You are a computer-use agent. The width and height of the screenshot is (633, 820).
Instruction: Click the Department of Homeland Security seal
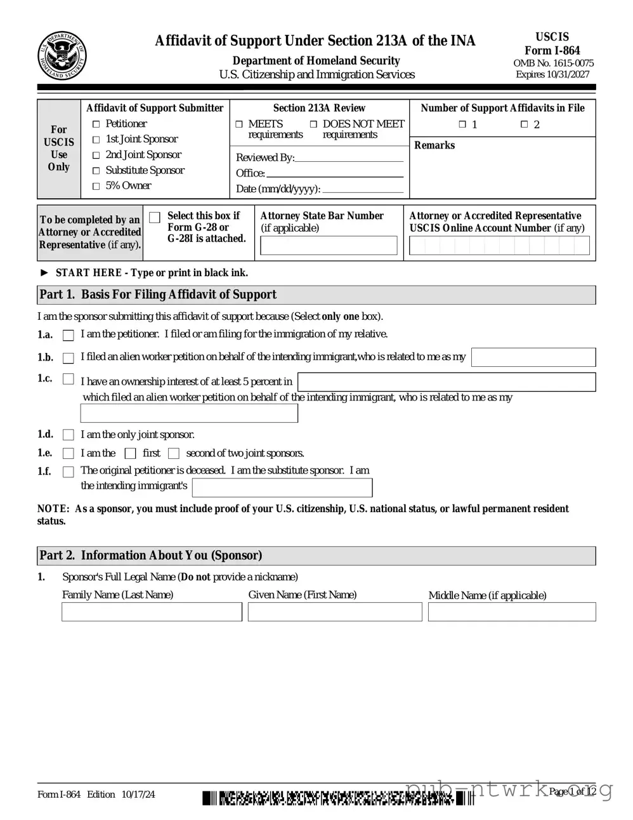pyautogui.click(x=62, y=56)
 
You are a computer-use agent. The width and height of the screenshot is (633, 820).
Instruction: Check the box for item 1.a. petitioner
pyautogui.click(x=69, y=335)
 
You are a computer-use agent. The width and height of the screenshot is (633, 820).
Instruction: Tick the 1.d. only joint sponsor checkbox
pyautogui.click(x=69, y=435)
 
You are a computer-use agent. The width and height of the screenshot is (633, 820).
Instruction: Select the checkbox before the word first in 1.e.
pyautogui.click(x=131, y=453)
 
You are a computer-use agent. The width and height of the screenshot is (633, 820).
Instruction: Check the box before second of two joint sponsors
pyautogui.click(x=174, y=453)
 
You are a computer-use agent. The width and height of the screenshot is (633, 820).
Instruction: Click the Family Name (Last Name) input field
pyautogui.click(x=152, y=612)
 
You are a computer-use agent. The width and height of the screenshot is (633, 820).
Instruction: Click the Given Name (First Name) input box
pyautogui.click(x=334, y=612)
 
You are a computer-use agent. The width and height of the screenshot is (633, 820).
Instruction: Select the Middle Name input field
pyautogui.click(x=512, y=612)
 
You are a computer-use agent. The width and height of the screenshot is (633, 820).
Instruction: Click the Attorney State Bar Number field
pyautogui.click(x=329, y=246)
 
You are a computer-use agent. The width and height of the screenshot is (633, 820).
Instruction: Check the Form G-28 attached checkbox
pyautogui.click(x=155, y=218)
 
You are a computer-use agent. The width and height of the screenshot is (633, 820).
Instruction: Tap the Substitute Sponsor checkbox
pyautogui.click(x=96, y=171)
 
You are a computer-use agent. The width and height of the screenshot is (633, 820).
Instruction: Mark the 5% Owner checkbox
pyautogui.click(x=96, y=186)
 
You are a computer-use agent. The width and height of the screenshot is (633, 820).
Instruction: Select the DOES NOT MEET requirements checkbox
pyautogui.click(x=313, y=124)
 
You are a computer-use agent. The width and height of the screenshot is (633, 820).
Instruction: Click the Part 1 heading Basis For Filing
pyautogui.click(x=158, y=294)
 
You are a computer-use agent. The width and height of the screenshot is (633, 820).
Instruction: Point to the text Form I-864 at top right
pyautogui.click(x=552, y=50)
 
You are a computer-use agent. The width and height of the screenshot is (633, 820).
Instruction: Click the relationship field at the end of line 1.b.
pyautogui.click(x=533, y=357)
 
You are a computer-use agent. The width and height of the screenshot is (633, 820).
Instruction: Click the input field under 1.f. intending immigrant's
pyautogui.click(x=282, y=487)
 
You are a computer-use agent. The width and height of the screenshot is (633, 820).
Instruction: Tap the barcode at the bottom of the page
pyautogui.click(x=336, y=797)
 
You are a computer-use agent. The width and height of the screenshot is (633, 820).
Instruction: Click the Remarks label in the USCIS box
pyautogui.click(x=434, y=145)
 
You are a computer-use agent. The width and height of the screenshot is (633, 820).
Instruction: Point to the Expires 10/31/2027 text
pyautogui.click(x=552, y=74)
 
